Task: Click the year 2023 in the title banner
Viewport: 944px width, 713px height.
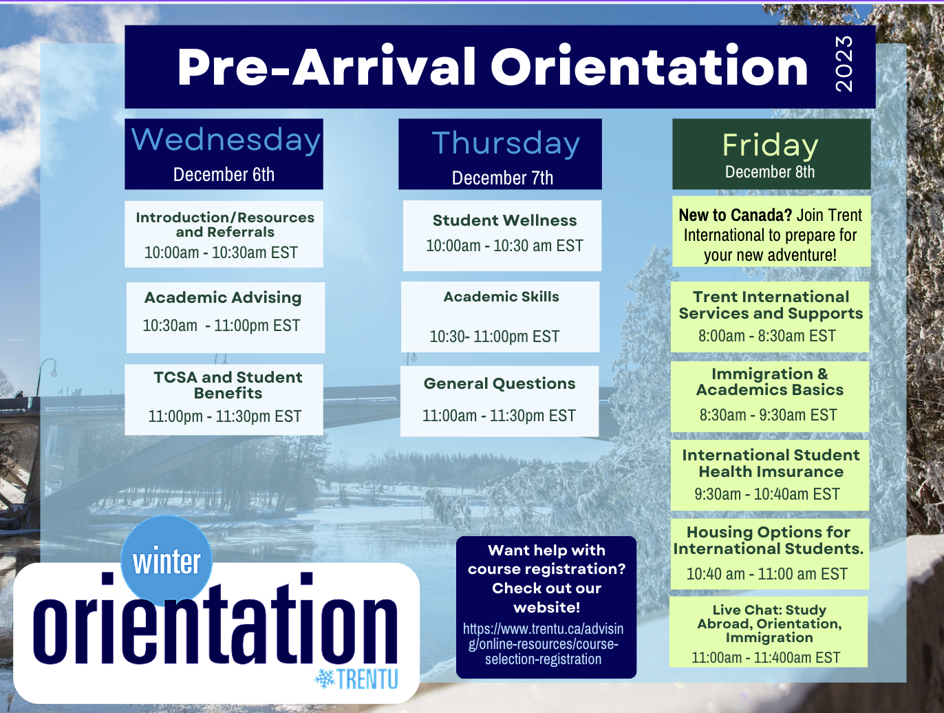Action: coord(844,64)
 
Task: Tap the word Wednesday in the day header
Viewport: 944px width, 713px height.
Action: coord(226,140)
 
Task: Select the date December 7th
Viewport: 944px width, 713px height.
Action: coord(502,178)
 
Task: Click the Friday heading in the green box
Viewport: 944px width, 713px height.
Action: coord(770,145)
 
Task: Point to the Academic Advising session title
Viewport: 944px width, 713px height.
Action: coord(223,297)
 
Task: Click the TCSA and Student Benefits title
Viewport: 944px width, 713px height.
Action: coord(228,385)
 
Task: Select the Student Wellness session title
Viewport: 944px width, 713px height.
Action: coord(504,220)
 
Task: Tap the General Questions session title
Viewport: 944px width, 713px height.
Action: coord(500,383)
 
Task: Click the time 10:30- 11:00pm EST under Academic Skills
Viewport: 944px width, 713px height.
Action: coord(494,337)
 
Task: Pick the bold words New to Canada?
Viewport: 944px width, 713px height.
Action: coord(735,215)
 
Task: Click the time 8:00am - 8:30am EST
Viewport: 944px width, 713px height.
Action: coord(766,336)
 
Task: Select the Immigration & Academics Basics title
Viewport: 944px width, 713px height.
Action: coord(769,382)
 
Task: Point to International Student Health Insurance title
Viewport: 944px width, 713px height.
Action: coord(771,463)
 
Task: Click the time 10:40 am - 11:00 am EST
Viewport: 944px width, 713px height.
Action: coord(766,574)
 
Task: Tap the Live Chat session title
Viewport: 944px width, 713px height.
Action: coord(769,624)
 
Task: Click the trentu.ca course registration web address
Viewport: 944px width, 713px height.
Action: coord(544,644)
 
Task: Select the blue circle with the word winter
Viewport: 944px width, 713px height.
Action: coord(167,560)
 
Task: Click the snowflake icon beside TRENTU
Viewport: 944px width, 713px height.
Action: coord(324,679)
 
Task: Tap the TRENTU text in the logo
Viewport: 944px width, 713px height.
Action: coord(367,679)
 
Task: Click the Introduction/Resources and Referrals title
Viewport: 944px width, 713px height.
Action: coord(225,224)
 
